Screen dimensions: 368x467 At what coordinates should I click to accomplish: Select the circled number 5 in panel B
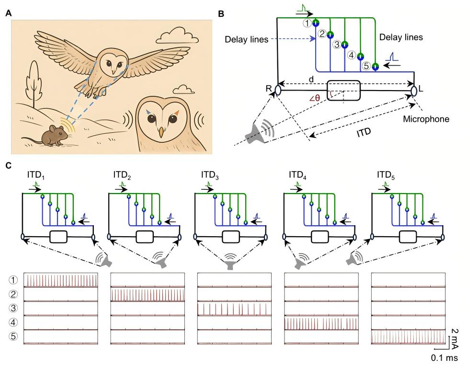pyautogui.click(x=366, y=67)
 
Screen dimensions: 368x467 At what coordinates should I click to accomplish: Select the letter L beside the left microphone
pyautogui.click(x=421, y=89)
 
